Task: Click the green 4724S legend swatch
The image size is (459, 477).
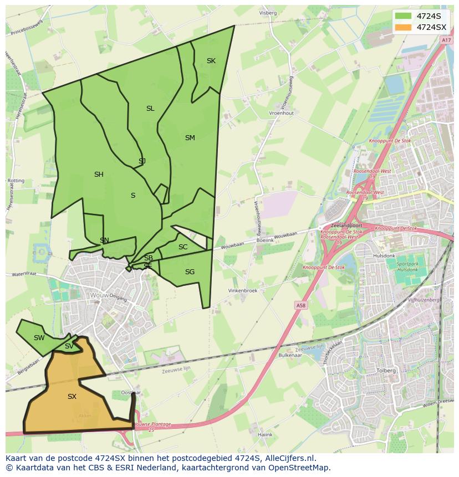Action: [403, 16]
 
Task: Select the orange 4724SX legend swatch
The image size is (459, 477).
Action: [403, 27]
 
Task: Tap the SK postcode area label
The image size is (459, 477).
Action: [211, 61]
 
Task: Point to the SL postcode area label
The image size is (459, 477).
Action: [150, 109]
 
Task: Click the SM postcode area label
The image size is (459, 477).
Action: [190, 138]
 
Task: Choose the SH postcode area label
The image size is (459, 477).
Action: [99, 175]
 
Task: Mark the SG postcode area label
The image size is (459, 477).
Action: [190, 272]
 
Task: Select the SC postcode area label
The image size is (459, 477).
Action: [183, 247]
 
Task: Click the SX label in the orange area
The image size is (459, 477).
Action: [72, 397]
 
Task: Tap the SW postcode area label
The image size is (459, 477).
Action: [39, 338]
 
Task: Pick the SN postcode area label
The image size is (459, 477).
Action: [104, 240]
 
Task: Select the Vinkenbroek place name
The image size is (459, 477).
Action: [243, 291]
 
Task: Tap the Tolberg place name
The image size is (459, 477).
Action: [386, 371]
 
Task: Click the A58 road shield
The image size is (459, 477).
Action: [300, 305]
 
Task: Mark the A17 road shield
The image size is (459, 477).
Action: [446, 40]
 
